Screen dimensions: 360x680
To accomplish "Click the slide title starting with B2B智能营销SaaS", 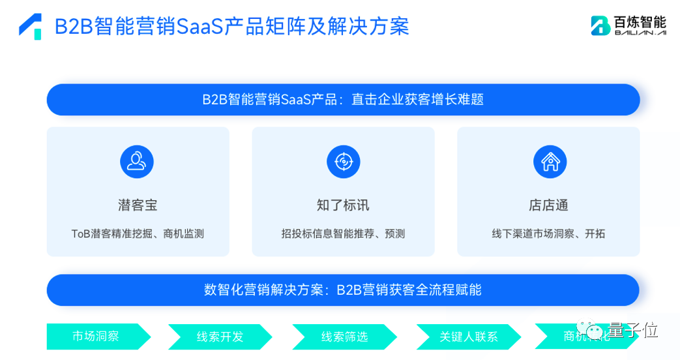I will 231,26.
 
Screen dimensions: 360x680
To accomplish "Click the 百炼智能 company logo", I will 628,25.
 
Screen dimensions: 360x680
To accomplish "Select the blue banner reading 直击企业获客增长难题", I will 343,100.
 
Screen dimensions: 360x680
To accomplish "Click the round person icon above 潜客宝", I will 137,162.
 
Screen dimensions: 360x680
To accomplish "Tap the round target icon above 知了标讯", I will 343,162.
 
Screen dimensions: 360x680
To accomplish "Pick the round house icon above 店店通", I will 550,162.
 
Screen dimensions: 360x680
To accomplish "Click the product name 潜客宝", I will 138,205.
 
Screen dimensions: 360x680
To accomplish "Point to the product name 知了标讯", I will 343,205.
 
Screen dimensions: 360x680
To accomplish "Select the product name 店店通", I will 548,205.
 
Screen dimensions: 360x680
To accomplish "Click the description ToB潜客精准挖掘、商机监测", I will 138,233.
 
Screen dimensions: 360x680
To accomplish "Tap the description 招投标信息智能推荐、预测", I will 343,233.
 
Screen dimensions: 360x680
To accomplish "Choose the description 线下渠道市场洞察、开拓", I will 548,233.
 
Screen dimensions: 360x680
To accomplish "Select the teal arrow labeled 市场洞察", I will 96,337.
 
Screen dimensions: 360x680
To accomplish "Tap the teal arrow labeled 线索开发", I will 220,337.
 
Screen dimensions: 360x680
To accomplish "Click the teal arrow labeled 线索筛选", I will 344,337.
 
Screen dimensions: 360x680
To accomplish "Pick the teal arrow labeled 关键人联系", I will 468,337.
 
